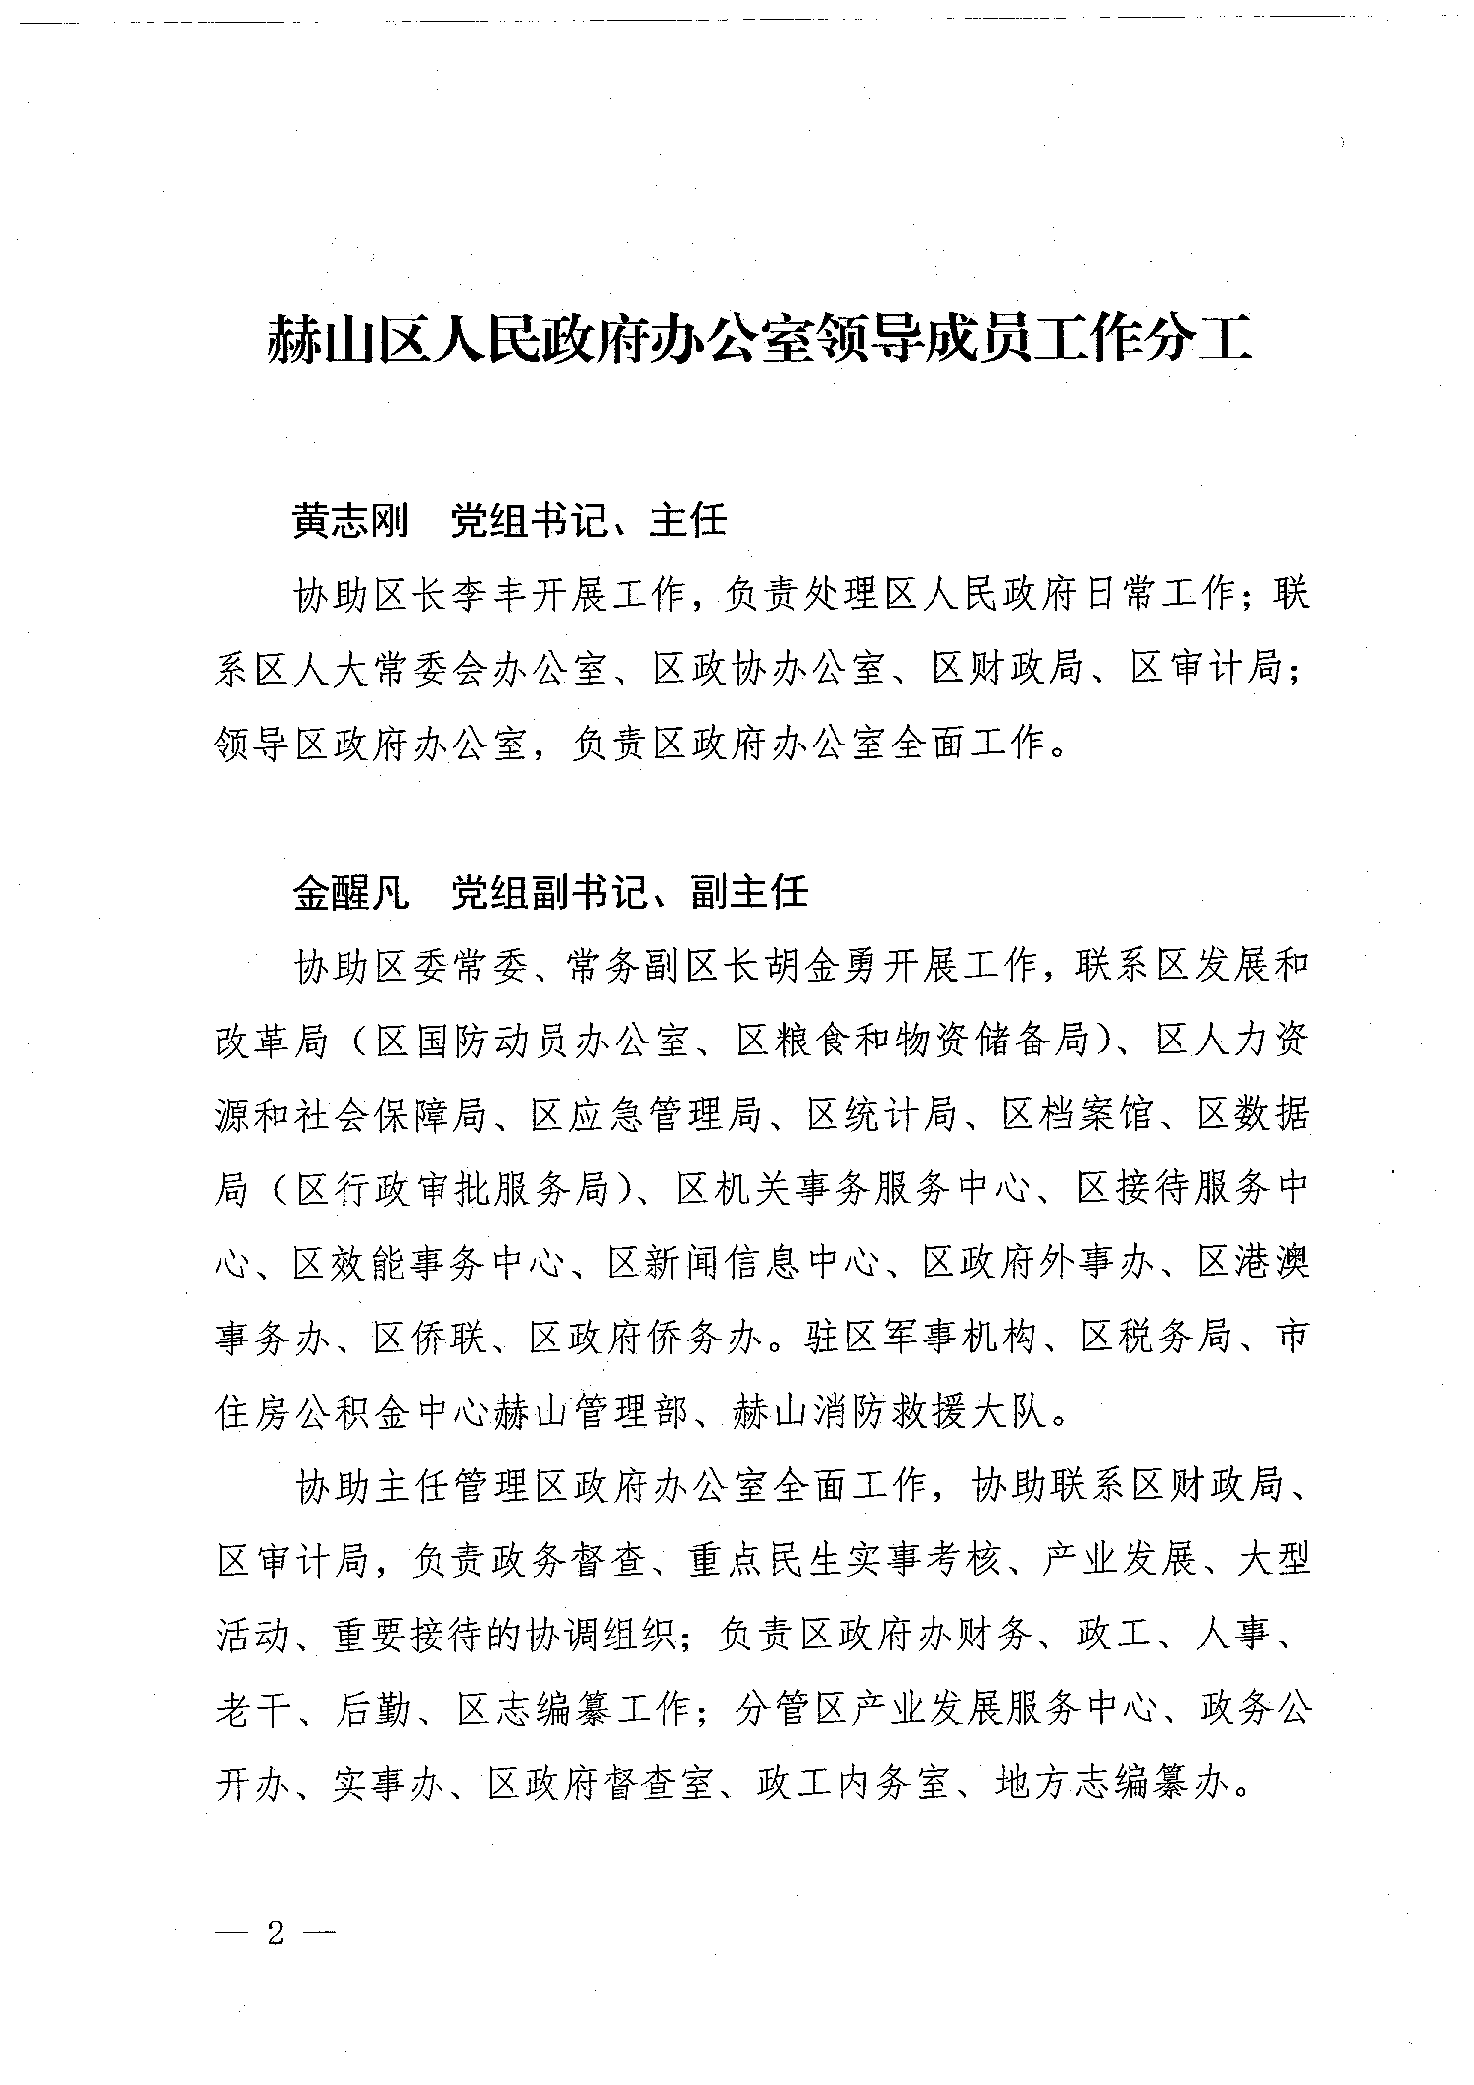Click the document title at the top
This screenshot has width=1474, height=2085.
[x=759, y=342]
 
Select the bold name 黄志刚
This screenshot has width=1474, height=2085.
[x=349, y=519]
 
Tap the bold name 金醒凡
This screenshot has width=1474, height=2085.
[x=349, y=892]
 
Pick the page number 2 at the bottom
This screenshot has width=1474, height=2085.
[x=275, y=1934]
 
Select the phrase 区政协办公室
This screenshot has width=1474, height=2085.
[x=767, y=670]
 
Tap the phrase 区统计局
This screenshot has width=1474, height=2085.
[x=880, y=1116]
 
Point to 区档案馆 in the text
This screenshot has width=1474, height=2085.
[x=1076, y=1116]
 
